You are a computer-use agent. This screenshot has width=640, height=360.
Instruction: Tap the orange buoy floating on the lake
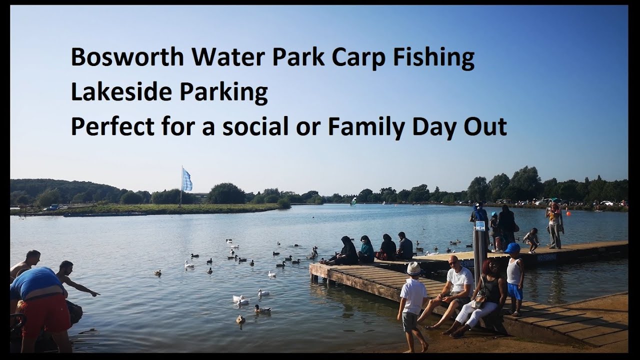coord(568,214)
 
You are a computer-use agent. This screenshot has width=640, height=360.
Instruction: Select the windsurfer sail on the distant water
coord(353,201)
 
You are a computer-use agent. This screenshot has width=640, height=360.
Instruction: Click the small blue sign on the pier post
coord(480,225)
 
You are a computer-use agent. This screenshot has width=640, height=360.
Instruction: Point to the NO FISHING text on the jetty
coord(546,258)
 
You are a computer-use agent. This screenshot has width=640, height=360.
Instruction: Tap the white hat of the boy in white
coord(413,268)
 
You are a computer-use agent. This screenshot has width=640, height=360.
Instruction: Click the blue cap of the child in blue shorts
coord(512,248)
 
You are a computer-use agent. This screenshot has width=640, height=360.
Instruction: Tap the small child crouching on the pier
coord(531,240)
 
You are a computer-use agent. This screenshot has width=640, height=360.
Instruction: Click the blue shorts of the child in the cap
coord(514,291)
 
